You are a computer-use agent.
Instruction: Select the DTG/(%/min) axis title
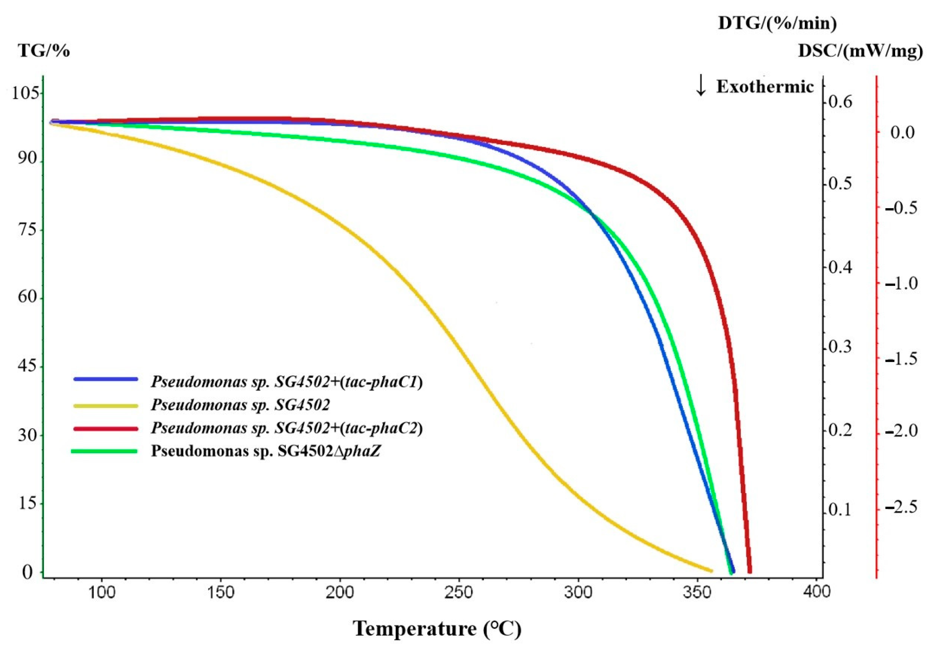(x=777, y=23)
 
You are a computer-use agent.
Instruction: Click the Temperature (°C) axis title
(x=437, y=628)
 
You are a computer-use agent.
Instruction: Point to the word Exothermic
(x=765, y=86)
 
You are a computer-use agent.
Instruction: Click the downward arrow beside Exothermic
(x=701, y=86)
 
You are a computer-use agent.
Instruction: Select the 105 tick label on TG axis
(x=26, y=93)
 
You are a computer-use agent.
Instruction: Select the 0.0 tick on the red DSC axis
(x=903, y=133)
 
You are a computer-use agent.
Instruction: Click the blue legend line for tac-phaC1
(x=105, y=379)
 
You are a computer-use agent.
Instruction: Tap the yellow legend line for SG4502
(x=105, y=405)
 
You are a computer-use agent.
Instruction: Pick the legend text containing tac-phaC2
(x=287, y=428)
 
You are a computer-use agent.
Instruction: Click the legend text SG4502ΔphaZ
(x=265, y=451)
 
